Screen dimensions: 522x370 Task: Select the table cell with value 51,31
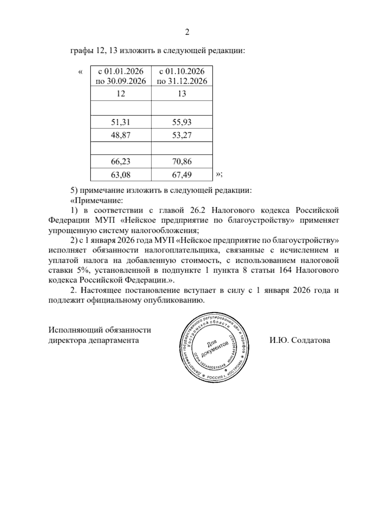(121, 122)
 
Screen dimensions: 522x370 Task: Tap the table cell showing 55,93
(182, 122)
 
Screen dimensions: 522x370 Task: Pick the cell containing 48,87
(121, 135)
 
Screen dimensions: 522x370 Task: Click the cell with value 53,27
(182, 135)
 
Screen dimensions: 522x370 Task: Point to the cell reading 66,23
(121, 161)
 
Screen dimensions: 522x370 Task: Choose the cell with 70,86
(182, 161)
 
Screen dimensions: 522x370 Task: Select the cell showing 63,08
(121, 175)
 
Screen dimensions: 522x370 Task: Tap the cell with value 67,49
(182, 175)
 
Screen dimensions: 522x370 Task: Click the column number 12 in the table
(121, 94)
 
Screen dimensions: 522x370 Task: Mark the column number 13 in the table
(182, 94)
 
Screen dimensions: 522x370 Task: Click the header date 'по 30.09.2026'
(121, 81)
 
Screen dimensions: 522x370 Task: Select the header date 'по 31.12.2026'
(182, 81)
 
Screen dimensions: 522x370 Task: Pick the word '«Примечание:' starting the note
(97, 201)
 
